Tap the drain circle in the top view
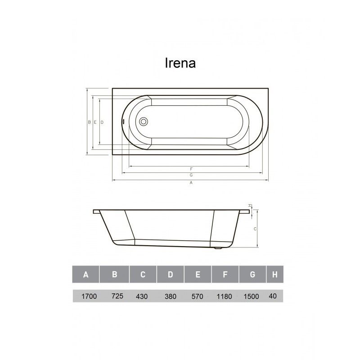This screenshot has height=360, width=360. [144, 121]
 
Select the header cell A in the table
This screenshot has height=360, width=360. [85, 274]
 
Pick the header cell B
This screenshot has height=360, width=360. [114, 274]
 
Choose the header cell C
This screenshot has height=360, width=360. [143, 274]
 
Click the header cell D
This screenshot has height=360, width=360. [171, 274]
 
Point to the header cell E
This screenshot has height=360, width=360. [198, 274]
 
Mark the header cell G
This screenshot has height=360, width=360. [252, 274]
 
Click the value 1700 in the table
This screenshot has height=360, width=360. [86, 297]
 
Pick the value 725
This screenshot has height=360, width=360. [117, 297]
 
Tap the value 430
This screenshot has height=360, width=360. [142, 297]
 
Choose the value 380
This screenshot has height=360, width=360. [171, 297]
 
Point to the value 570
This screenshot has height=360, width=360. [198, 297]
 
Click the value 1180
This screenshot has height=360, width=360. [225, 297]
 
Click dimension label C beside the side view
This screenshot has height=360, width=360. [255, 229]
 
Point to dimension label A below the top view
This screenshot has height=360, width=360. [191, 183]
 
